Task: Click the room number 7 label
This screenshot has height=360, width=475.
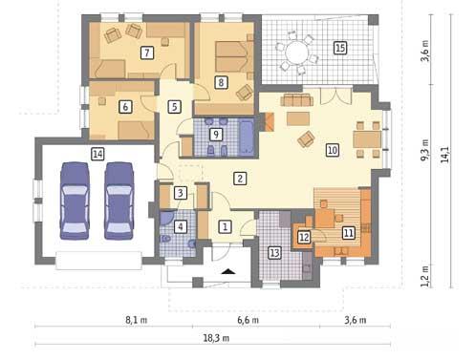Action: [x=146, y=53]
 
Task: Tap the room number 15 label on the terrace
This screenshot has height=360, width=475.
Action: [x=340, y=47]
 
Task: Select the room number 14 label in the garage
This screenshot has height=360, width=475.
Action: [x=97, y=153]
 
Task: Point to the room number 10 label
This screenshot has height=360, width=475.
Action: [x=332, y=150]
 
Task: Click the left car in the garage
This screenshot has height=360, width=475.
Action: [x=76, y=200]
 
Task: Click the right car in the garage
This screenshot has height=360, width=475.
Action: [x=119, y=200]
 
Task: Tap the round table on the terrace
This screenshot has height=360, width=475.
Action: [x=297, y=51]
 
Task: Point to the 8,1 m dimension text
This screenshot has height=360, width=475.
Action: [x=136, y=322]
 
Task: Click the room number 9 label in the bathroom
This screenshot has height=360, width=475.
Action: [x=216, y=136]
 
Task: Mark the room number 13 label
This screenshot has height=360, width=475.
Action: [x=274, y=252]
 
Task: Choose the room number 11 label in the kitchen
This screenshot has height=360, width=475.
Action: [x=348, y=232]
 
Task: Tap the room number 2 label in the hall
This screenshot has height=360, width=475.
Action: [x=240, y=178]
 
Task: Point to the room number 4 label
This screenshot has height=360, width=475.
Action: [x=182, y=226]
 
